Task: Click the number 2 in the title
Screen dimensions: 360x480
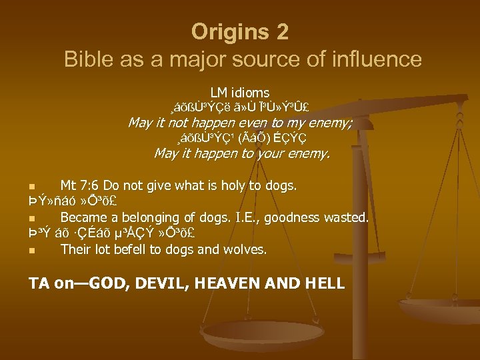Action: point(281,31)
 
